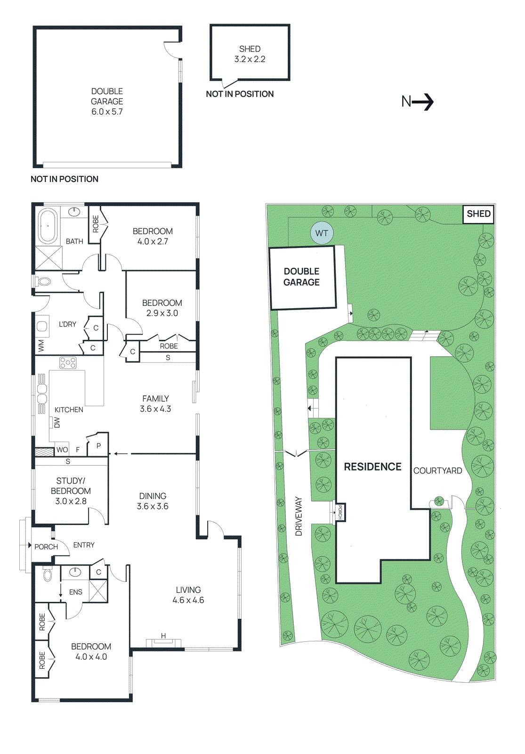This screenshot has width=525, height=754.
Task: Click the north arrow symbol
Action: click(x=418, y=101)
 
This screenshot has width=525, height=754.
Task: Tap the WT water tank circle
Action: click(x=322, y=233)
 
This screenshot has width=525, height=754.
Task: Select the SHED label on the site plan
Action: click(x=478, y=214)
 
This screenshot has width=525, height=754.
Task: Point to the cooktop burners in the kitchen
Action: click(x=68, y=362)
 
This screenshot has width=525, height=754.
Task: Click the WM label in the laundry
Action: click(x=41, y=346)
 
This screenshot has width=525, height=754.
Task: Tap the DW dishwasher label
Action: click(x=57, y=422)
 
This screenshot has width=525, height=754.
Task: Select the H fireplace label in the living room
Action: click(x=163, y=636)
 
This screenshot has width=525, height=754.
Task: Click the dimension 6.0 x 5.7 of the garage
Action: click(x=107, y=112)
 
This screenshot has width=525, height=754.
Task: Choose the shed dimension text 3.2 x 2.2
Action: click(x=250, y=59)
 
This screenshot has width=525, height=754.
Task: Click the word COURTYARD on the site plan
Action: click(x=437, y=471)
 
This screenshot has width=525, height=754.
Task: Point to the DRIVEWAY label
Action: click(x=299, y=516)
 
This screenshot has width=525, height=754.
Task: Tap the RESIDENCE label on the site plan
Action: click(x=372, y=467)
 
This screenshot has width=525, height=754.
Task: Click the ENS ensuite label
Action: click(x=76, y=592)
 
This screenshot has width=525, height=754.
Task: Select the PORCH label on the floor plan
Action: click(x=46, y=547)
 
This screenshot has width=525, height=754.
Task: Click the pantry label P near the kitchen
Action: click(x=98, y=445)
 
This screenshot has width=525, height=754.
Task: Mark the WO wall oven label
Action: click(x=62, y=450)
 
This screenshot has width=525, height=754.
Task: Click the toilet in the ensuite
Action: click(x=48, y=574)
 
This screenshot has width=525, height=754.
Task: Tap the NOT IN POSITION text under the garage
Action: click(x=65, y=179)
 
